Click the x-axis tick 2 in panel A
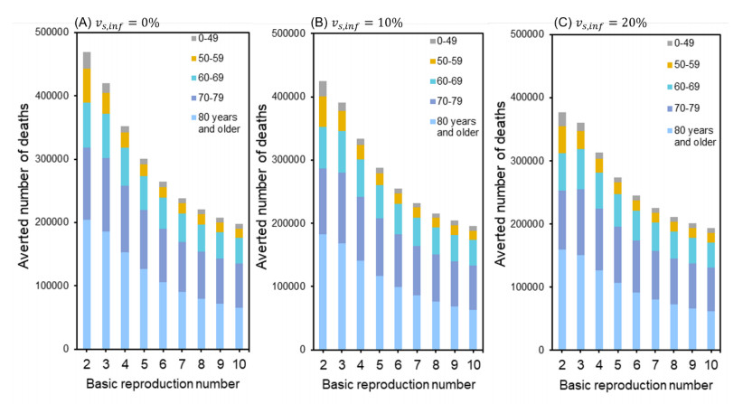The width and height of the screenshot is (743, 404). tap(88, 362)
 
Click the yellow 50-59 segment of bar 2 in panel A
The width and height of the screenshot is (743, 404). tap(88, 85)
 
